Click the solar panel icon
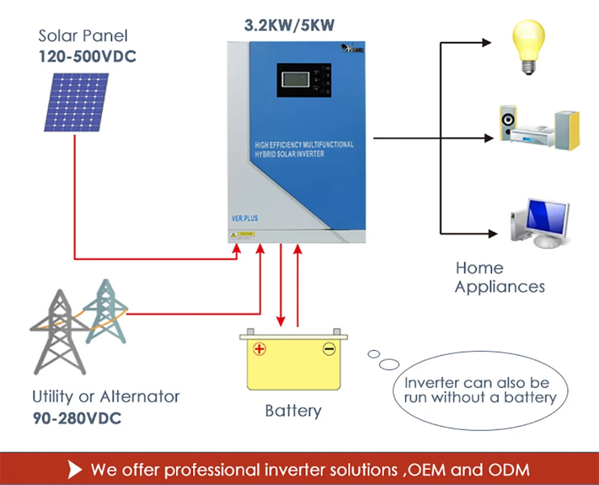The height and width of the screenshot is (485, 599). [76, 102]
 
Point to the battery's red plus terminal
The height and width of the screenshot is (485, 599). [259, 348]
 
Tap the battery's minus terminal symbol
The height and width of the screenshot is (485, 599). [329, 348]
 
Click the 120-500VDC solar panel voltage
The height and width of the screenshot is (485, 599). [87, 57]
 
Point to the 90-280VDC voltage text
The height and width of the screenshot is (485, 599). [77, 417]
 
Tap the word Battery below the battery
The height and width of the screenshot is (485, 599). [293, 411]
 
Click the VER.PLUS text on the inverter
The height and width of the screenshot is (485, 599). [244, 219]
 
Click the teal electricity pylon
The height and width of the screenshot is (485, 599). [105, 311]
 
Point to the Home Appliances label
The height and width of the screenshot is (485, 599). [500, 277]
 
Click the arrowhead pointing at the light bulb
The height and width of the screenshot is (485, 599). [486, 43]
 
